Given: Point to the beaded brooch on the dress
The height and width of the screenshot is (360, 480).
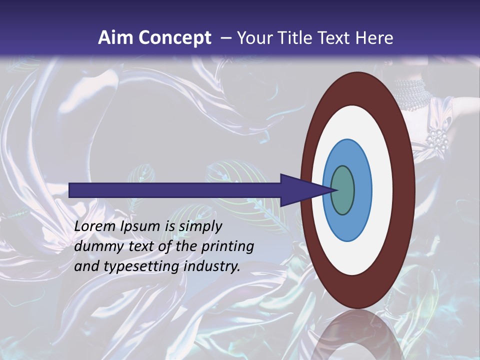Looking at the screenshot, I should click(437, 140).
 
